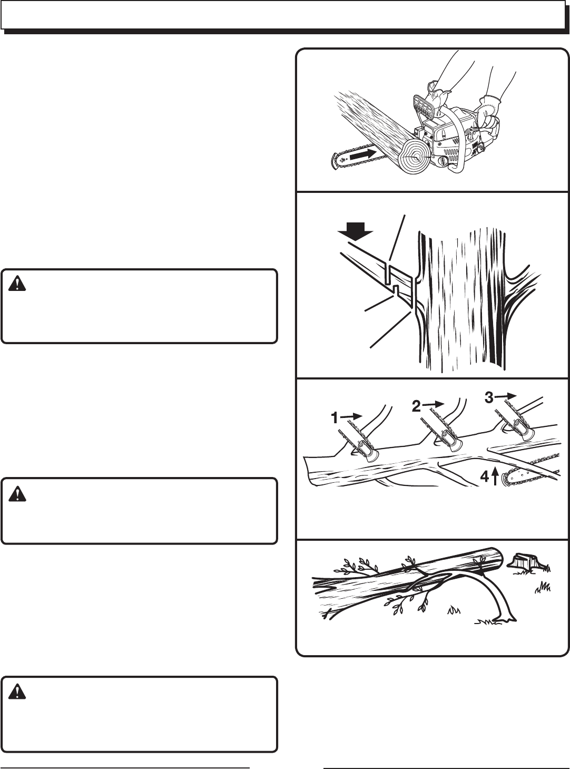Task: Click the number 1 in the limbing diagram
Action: (335, 418)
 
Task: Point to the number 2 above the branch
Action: (416, 406)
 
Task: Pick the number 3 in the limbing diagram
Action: (489, 398)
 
